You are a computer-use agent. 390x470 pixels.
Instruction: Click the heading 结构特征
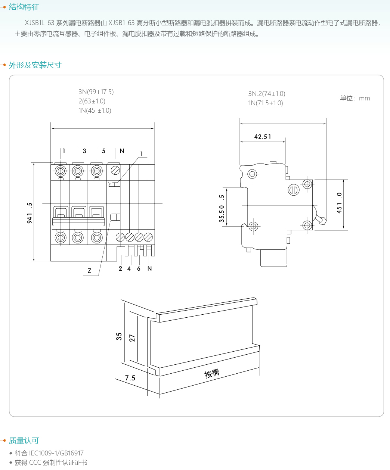(24, 7)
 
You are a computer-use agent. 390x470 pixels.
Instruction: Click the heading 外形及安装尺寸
(35, 65)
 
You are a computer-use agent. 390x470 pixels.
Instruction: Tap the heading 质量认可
(24, 441)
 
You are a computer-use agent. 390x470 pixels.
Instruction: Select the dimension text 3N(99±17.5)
(96, 92)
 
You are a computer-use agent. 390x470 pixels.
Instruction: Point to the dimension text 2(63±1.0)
(92, 101)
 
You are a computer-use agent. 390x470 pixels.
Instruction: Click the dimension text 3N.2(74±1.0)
(266, 94)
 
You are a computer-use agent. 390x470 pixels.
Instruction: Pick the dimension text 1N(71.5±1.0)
(266, 103)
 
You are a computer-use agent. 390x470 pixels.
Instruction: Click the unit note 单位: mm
(355, 99)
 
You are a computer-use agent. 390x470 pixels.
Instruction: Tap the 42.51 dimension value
(263, 137)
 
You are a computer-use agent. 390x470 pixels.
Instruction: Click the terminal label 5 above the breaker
(104, 151)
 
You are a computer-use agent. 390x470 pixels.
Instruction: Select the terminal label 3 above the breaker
(84, 151)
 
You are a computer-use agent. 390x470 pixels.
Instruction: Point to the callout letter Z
(89, 271)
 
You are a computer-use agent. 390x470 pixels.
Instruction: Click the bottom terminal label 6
(139, 268)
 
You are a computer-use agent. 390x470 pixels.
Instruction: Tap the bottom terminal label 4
(129, 268)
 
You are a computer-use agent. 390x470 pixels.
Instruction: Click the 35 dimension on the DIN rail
(119, 336)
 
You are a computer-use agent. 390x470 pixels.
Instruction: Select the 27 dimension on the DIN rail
(132, 338)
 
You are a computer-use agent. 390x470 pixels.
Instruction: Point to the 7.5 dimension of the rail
(130, 378)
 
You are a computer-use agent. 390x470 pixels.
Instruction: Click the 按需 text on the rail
(212, 373)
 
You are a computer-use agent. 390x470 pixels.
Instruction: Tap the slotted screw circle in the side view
(294, 190)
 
